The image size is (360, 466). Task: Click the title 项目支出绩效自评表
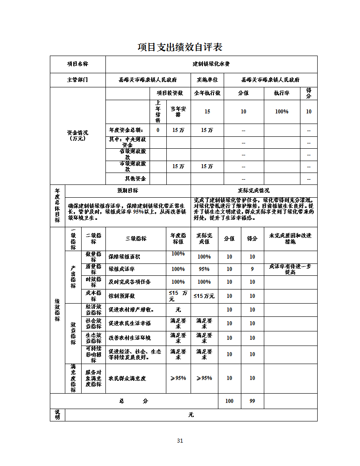pos(180,47)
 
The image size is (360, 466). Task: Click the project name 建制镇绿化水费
pos(211,64)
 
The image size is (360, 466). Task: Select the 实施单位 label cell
pos(207,80)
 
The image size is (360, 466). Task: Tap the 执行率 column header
pos(281,93)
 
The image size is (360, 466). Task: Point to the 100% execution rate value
pos(281,112)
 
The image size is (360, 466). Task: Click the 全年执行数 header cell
pos(207,93)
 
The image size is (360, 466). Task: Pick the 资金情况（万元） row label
pos(78,135)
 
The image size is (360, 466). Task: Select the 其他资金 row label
pos(135,179)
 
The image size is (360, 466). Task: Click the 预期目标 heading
pos(127,191)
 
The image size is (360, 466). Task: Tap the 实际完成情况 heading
pos(254,191)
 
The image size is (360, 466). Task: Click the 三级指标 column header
pos(136,238)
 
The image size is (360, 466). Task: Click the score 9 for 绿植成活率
pos(252,269)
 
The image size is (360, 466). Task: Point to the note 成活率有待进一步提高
pos(290,269)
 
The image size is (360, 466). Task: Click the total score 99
pos(252,401)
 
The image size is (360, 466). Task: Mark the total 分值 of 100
pos(229,401)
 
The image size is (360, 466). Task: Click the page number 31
pos(180,440)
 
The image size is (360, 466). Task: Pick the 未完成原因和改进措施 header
pos(290,238)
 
